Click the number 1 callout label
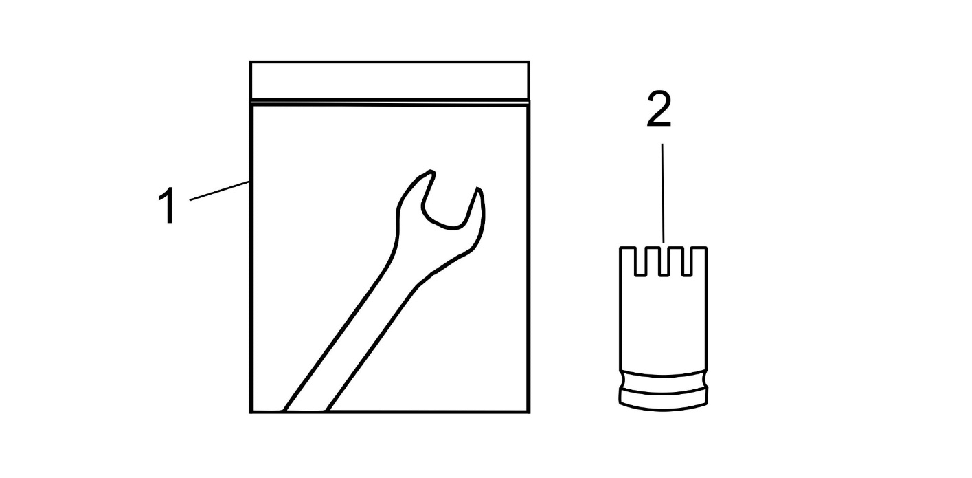tap(168, 205)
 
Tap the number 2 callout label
tap(659, 109)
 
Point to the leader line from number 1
tap(219, 191)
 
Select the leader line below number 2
tap(663, 193)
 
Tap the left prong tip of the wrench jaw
tap(431, 172)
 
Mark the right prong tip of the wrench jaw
tap(478, 189)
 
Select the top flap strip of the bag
tap(389, 81)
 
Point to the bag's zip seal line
tap(389, 103)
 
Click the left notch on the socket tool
tap(639, 261)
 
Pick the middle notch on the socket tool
tap(663, 261)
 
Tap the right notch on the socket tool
tap(686, 261)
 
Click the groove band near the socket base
tap(663, 382)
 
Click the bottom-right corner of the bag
tap(529, 411)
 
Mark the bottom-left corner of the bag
tap(251, 411)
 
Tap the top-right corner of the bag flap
tap(529, 62)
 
